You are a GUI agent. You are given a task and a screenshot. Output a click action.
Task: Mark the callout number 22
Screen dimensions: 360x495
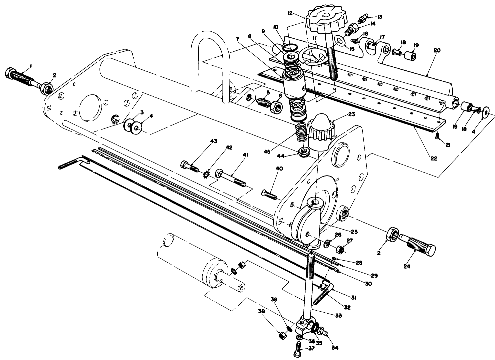click(x=433, y=158)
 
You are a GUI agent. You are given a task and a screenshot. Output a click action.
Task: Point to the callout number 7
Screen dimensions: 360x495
click(x=237, y=39)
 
